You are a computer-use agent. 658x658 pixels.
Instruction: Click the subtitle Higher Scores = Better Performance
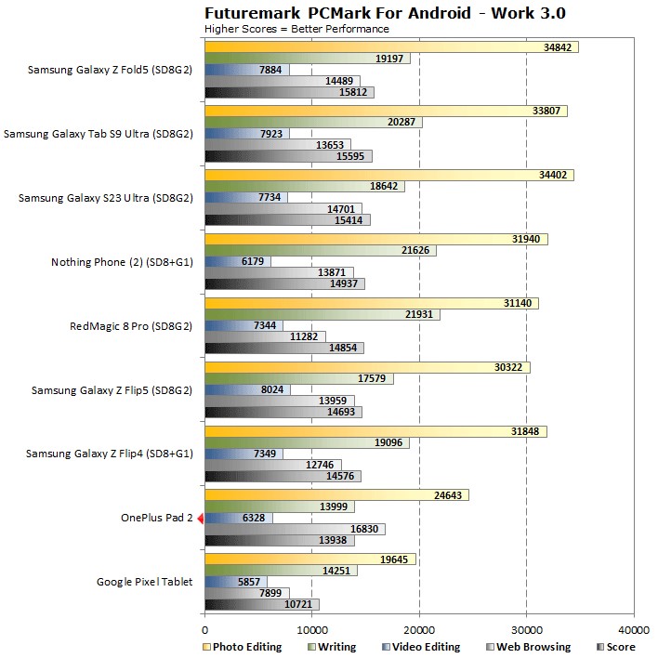(296, 29)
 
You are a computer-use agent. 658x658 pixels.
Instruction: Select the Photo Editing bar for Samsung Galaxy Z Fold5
(390, 46)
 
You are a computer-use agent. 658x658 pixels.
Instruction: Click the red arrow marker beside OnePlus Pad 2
(200, 519)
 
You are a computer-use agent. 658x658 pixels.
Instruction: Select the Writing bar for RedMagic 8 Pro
(321, 315)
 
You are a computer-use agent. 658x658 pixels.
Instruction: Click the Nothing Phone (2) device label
(122, 262)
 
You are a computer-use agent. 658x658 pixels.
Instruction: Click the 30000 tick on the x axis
(527, 626)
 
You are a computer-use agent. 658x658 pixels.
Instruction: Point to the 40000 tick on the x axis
(634, 626)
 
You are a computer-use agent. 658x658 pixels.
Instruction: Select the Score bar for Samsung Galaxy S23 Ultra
(286, 220)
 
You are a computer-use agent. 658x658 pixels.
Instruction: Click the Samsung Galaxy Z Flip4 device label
(109, 454)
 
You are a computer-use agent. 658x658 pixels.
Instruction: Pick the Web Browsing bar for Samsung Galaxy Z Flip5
(279, 401)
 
